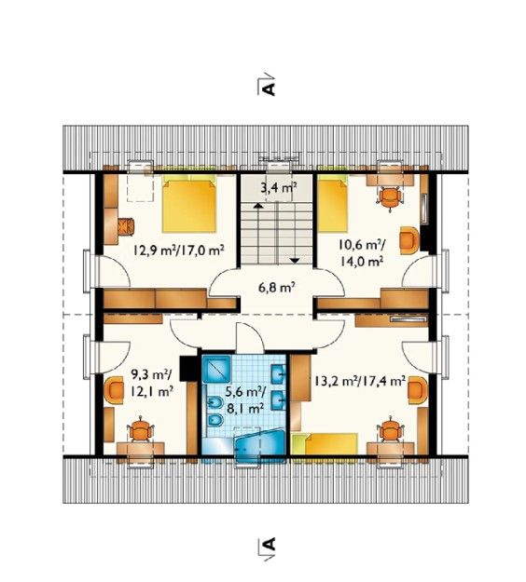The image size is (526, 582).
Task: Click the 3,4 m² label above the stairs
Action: (x=278, y=188)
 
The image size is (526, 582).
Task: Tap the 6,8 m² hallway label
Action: (x=276, y=287)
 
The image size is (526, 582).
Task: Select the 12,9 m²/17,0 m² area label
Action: (x=178, y=250)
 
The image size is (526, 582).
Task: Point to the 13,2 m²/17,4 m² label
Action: (x=359, y=381)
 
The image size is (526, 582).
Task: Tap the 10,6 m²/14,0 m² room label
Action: (x=361, y=252)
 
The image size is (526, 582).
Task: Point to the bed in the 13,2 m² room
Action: (x=325, y=444)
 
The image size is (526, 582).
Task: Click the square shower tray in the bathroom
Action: (x=216, y=370)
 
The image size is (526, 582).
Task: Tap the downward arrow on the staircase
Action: (x=295, y=260)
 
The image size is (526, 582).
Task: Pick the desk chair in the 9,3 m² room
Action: (x=140, y=430)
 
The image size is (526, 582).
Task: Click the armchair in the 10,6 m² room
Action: (x=409, y=240)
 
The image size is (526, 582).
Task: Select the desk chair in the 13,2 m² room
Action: (x=390, y=430)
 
